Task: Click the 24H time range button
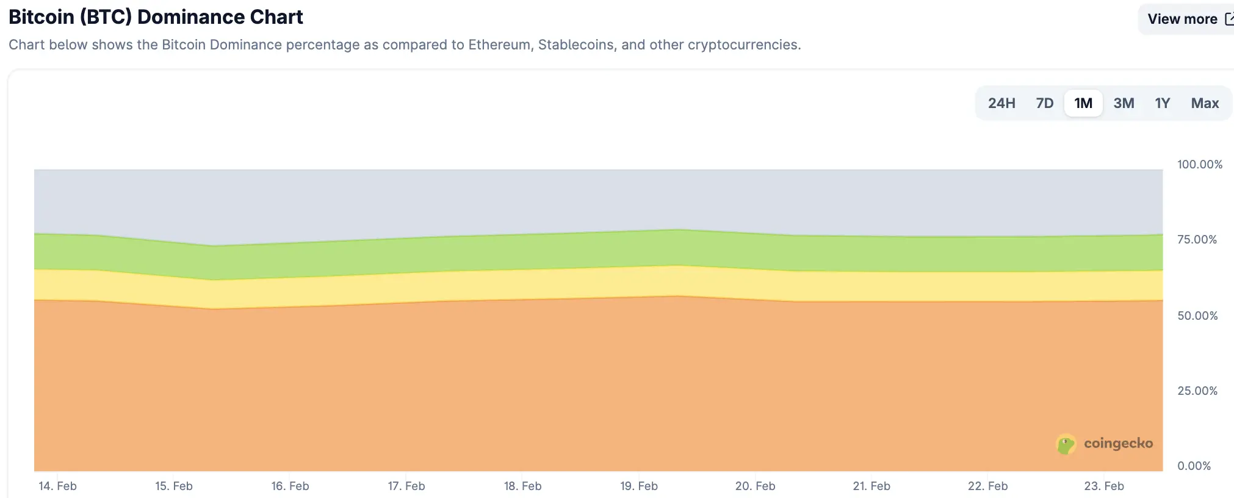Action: pos(1001,103)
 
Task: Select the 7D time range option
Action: pos(1044,103)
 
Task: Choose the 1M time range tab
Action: pos(1083,103)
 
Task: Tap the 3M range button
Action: pos(1124,103)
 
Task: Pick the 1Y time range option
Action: pos(1162,103)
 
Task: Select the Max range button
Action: pos(1205,103)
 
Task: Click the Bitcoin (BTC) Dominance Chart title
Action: pos(156,17)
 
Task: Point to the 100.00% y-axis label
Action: pos(1199,164)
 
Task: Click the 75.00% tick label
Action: pos(1197,240)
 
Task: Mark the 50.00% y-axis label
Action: pos(1197,316)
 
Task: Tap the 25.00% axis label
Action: pos(1197,391)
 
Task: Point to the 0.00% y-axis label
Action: pos(1194,466)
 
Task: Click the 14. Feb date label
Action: pos(57,486)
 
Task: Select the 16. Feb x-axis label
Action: pos(290,486)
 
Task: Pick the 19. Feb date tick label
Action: pos(638,486)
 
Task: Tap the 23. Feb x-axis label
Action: pos(1103,486)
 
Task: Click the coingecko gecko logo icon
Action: pos(1066,444)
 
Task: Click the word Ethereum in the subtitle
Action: pos(499,45)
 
